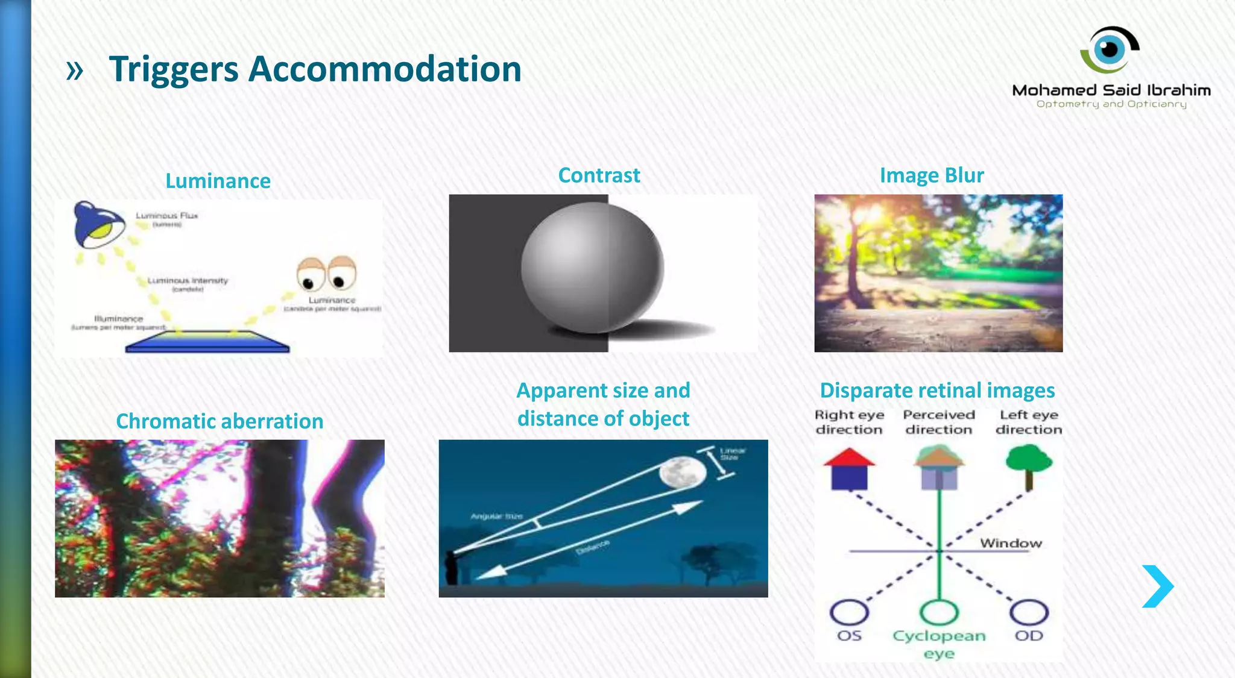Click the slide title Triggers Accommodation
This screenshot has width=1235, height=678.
coord(315,69)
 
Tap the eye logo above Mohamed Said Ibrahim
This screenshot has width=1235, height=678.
coord(1110,49)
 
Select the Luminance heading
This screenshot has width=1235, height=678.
coord(218,181)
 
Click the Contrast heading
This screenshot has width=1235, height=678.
coord(599,175)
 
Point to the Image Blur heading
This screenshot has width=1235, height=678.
coord(932,175)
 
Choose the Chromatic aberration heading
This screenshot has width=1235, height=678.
coord(220,421)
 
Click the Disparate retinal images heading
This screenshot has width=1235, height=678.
coord(937,391)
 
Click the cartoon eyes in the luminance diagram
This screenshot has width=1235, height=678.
coord(326,274)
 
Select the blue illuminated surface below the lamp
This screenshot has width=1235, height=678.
coord(207,342)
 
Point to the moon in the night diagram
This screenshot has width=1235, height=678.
coord(682,472)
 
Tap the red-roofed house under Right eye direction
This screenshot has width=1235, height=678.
coord(849,468)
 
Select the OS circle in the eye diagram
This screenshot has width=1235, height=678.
coord(849,612)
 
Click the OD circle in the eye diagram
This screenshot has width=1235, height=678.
coord(1029,612)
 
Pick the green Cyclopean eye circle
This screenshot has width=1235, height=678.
coord(939,612)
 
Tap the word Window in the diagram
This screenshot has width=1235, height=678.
coord(1011,543)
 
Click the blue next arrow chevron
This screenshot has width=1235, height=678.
coord(1158,586)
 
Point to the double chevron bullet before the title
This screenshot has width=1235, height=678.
coord(74,71)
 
